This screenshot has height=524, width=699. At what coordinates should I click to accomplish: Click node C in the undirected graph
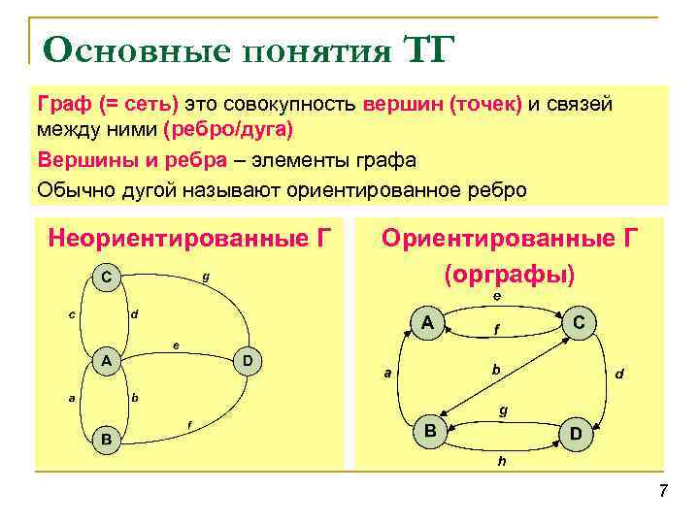[x=106, y=278]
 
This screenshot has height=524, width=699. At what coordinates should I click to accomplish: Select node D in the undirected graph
[x=248, y=362]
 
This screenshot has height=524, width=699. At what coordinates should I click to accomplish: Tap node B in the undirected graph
[x=106, y=441]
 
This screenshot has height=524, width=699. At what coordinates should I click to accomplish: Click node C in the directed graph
[x=578, y=322]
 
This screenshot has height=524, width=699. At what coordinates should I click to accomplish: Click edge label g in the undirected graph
[x=205, y=278]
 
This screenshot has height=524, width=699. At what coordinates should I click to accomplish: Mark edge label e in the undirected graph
[x=175, y=344]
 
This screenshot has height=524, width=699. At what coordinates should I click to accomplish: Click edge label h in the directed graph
[x=501, y=462]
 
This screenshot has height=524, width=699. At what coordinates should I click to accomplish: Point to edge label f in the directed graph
[x=496, y=330]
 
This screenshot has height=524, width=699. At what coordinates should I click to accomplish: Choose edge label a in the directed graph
[x=387, y=373]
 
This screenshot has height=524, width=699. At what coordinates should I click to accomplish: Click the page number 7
[x=663, y=491]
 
